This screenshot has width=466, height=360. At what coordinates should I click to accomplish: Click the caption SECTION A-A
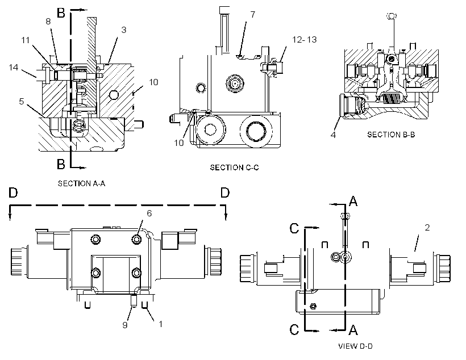click(x=81, y=183)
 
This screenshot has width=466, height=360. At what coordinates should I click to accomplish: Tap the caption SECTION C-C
click(x=235, y=168)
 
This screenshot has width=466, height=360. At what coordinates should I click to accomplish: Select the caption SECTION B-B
click(x=391, y=135)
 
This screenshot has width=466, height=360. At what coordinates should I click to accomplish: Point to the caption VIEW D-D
click(x=355, y=346)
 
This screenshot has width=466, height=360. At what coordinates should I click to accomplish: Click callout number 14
click(x=14, y=68)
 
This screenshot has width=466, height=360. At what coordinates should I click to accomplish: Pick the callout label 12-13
click(x=305, y=40)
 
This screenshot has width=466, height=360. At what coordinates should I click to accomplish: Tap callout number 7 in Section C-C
click(x=253, y=15)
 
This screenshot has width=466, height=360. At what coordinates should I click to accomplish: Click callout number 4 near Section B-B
click(x=333, y=135)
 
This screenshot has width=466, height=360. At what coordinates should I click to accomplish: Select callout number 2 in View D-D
click(x=427, y=228)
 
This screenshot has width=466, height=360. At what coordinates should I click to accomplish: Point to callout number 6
click(x=149, y=213)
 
